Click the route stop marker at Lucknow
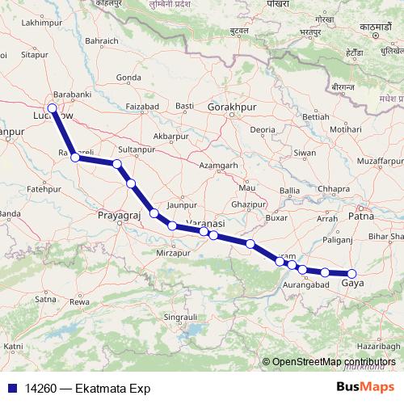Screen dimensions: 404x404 coord(53,108)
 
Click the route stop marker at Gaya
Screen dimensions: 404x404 coord(351,274)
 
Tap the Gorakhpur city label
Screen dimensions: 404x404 coord(230,107)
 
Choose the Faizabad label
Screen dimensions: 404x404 coord(142,106)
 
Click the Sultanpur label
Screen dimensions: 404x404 coord(136,150)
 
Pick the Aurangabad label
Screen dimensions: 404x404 coord(306,285)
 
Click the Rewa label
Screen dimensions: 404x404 coord(79,301)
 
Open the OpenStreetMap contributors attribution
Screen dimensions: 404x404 coord(334,362)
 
